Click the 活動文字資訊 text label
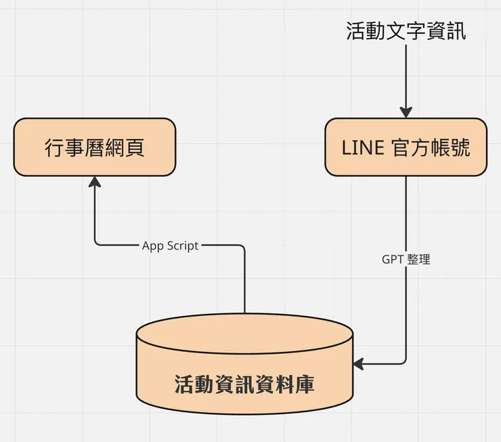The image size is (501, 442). pyautogui.click(x=406, y=32)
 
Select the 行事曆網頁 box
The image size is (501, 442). pyautogui.click(x=95, y=147)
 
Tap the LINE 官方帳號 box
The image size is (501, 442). pyautogui.click(x=406, y=147)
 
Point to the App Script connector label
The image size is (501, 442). pyautogui.click(x=170, y=245)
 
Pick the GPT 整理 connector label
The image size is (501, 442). pyautogui.click(x=406, y=259)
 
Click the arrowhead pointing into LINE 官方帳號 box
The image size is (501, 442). pyautogui.click(x=406, y=112)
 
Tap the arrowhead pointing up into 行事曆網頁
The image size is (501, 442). pyautogui.click(x=95, y=182)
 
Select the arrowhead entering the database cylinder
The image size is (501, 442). pyautogui.click(x=359, y=364)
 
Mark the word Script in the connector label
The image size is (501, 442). pyautogui.click(x=183, y=245)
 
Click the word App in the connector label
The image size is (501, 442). pyautogui.click(x=152, y=246)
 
